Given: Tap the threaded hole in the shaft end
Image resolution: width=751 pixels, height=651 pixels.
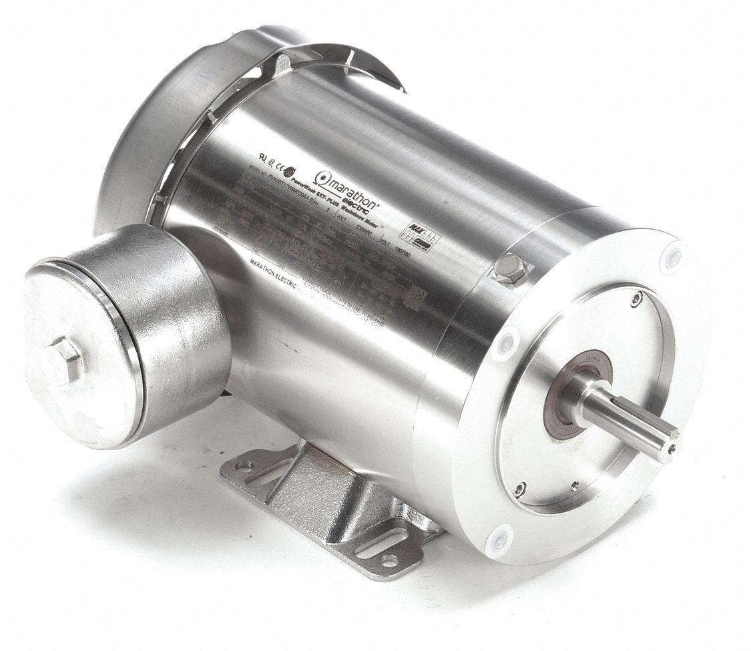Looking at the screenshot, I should [672, 451].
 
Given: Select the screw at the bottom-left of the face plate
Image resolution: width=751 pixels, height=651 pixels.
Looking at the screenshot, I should [520, 489].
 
